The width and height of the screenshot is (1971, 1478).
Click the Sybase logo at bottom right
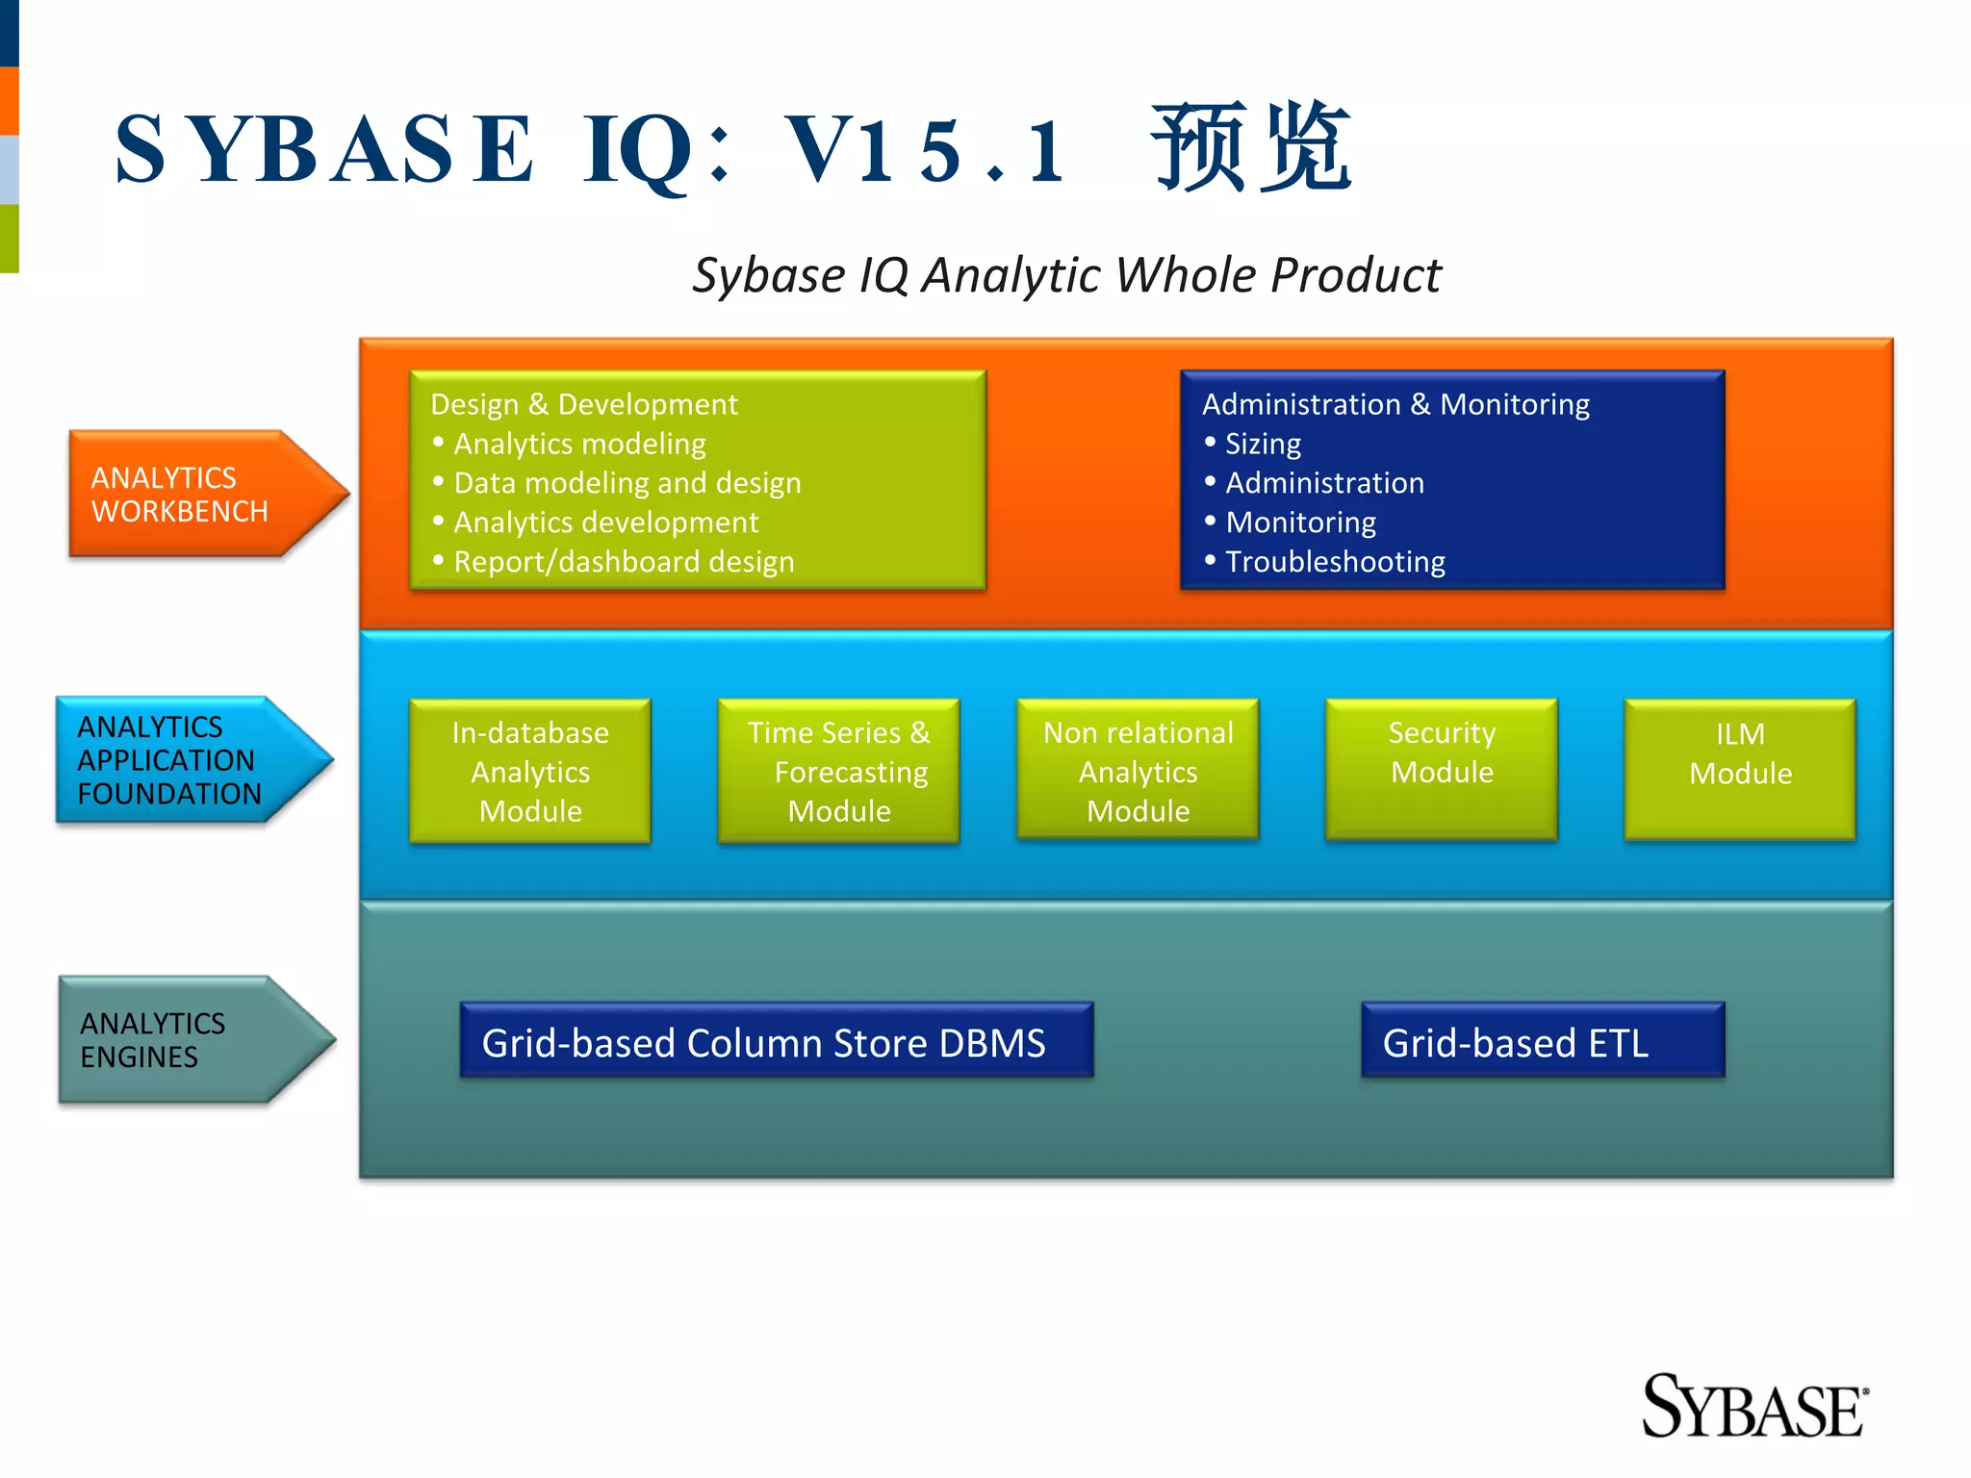[x=1753, y=1408]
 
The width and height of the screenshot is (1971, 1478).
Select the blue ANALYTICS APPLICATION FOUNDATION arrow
[x=183, y=760]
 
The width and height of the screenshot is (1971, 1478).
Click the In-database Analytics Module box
[x=530, y=772]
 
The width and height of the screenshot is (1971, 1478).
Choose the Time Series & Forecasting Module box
[x=838, y=772]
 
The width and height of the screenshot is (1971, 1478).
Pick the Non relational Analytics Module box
[x=1138, y=772]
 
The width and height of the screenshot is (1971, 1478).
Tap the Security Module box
[x=1442, y=770]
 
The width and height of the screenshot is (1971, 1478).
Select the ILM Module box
[x=1740, y=770]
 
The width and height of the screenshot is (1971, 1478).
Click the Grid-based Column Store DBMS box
[x=776, y=1042]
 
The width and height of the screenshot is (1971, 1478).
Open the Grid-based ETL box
[x=1542, y=1042]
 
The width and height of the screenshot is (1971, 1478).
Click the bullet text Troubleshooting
[x=1335, y=562]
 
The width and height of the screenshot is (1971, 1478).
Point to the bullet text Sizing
[x=1263, y=444]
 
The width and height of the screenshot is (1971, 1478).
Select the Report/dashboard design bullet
[x=624, y=562]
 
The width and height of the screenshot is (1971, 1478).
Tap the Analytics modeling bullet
[x=579, y=444]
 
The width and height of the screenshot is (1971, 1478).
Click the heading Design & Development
[x=583, y=404]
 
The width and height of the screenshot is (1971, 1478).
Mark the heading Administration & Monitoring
[x=1395, y=404]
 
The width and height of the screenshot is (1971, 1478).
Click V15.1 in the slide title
[x=924, y=150]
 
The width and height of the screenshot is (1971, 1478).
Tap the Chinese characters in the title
[x=1251, y=148]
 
